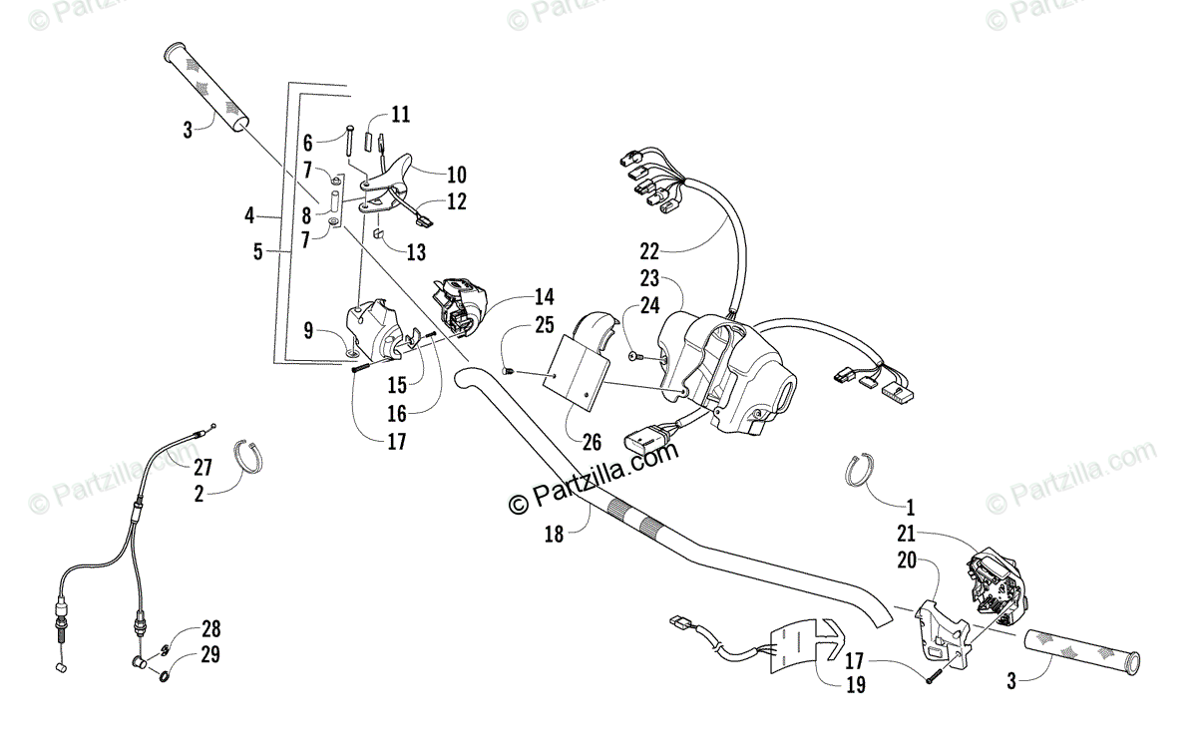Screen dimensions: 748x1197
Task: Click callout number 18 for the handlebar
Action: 553,534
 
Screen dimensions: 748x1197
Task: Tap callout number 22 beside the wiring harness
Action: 650,250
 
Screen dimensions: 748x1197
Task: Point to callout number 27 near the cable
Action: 203,467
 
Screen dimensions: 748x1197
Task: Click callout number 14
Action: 544,296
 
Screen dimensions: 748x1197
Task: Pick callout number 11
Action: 400,114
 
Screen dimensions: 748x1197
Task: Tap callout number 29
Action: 210,655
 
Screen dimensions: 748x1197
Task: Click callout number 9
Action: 308,329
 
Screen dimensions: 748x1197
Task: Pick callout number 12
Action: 456,201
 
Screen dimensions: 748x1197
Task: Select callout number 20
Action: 905,561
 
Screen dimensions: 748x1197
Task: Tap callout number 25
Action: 544,324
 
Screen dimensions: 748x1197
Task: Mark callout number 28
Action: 210,629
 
